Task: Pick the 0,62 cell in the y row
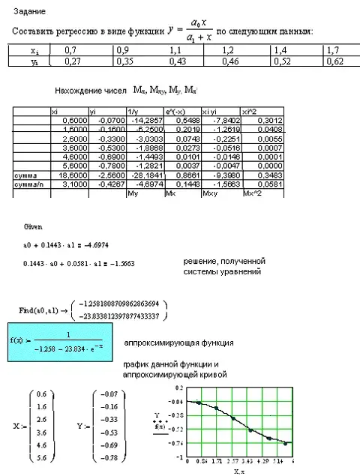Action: [334, 61]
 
